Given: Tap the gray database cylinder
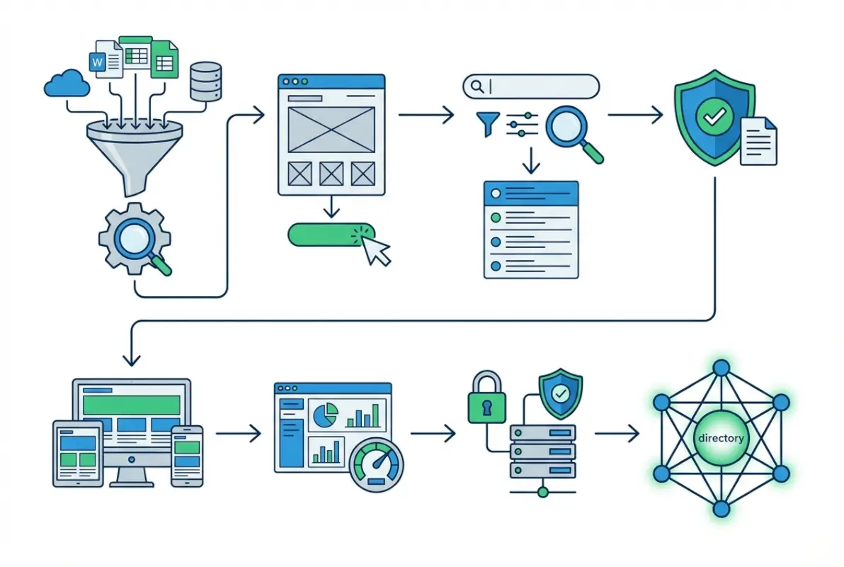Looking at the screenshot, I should [207, 80].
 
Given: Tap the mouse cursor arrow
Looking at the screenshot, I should [375, 250].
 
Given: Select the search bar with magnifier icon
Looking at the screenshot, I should [531, 86].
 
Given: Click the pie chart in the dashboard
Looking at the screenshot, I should [324, 415].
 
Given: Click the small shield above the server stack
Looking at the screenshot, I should [561, 391].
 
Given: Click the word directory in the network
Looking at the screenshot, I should [721, 438].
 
